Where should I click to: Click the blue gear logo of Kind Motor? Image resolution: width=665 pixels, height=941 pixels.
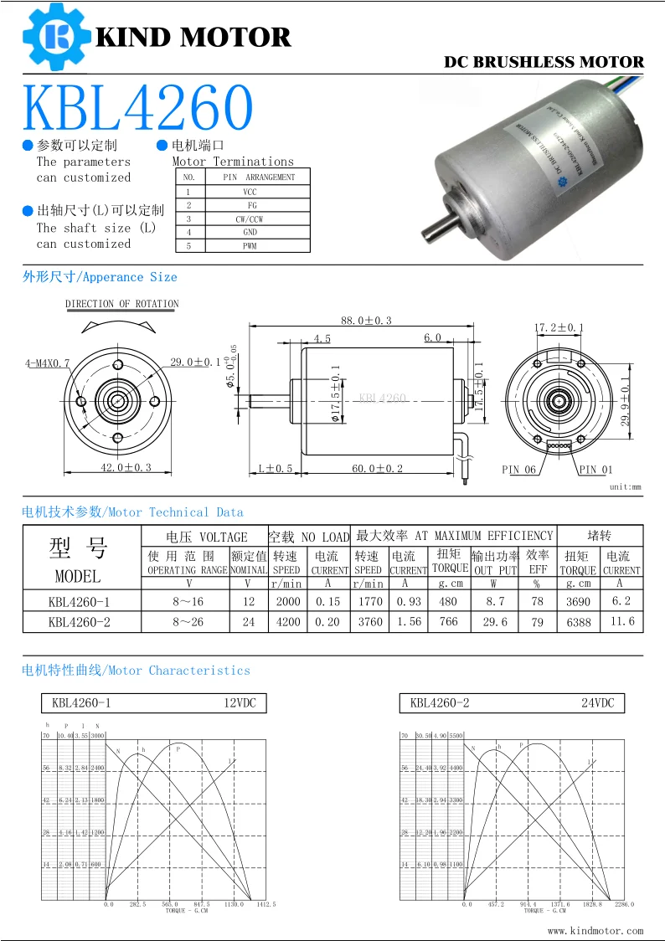tap(56, 36)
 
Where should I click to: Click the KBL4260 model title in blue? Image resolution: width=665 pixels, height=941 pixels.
tap(137, 107)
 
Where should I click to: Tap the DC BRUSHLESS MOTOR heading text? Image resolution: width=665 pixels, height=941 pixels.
tap(544, 62)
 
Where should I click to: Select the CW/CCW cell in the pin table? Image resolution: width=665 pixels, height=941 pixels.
tap(250, 219)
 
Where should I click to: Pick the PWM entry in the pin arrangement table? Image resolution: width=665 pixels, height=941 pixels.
tap(250, 246)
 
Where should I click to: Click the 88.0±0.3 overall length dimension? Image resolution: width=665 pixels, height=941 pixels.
tap(366, 321)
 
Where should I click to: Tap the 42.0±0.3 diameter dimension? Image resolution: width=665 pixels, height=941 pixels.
tap(126, 468)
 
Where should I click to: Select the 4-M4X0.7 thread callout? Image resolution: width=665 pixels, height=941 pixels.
tap(48, 363)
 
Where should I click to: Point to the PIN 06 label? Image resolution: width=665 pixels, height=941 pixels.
tap(518, 470)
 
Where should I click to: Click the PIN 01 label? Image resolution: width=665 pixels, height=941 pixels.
tap(595, 470)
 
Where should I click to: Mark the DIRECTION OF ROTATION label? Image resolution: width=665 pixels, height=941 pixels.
tap(122, 304)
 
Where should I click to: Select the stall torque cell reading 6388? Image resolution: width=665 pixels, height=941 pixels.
tap(578, 622)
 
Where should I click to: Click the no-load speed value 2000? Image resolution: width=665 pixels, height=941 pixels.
tap(286, 601)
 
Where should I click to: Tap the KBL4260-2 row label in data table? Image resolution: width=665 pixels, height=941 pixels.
tap(79, 622)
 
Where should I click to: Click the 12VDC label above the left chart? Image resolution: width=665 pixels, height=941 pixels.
tap(240, 703)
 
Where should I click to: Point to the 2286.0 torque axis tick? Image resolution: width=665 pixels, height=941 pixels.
tap(624, 905)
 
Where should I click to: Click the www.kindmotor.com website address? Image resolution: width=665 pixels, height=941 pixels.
tap(595, 930)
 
